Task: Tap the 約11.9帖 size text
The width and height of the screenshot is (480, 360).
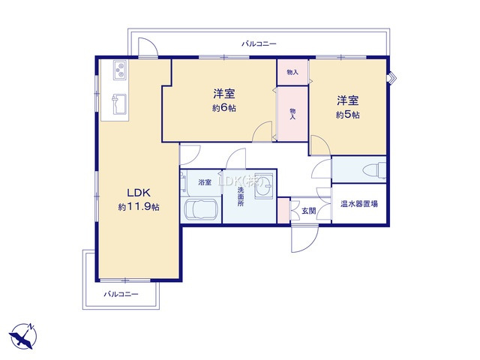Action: point(137,206)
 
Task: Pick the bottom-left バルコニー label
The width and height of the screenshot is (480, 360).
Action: point(121,294)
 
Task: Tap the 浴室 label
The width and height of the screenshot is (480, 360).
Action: point(204,182)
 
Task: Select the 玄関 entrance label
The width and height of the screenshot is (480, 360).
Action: point(308,211)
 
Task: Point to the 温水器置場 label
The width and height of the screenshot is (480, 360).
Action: point(359,204)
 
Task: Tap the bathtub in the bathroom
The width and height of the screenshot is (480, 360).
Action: point(200,210)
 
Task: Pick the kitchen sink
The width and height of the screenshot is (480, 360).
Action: point(118,100)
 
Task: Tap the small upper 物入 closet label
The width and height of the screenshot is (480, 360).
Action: point(292,73)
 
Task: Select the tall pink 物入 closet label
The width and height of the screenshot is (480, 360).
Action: point(292,112)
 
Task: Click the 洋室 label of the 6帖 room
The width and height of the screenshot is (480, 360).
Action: point(224,93)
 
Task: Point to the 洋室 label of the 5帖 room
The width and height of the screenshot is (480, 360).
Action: point(347,100)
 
